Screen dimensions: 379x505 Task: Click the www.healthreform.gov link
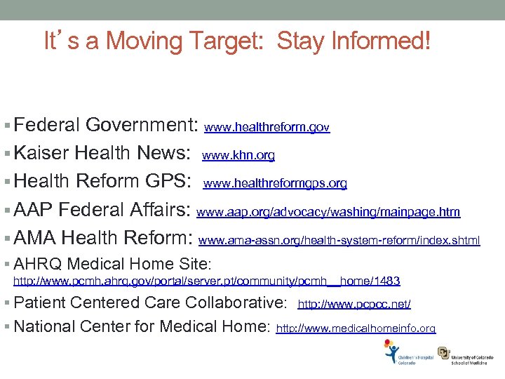tap(267, 128)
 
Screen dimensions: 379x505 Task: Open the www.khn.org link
tap(238, 155)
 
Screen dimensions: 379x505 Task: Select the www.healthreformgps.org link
tap(275, 183)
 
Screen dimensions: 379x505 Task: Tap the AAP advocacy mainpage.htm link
tap(328, 211)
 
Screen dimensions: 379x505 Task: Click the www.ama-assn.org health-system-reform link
tap(339, 241)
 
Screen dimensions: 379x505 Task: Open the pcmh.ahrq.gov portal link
tap(208, 281)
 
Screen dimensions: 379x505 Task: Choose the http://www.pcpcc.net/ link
tap(354, 305)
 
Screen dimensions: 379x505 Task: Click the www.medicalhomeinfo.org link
tap(356, 328)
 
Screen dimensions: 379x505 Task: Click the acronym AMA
tap(35, 238)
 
